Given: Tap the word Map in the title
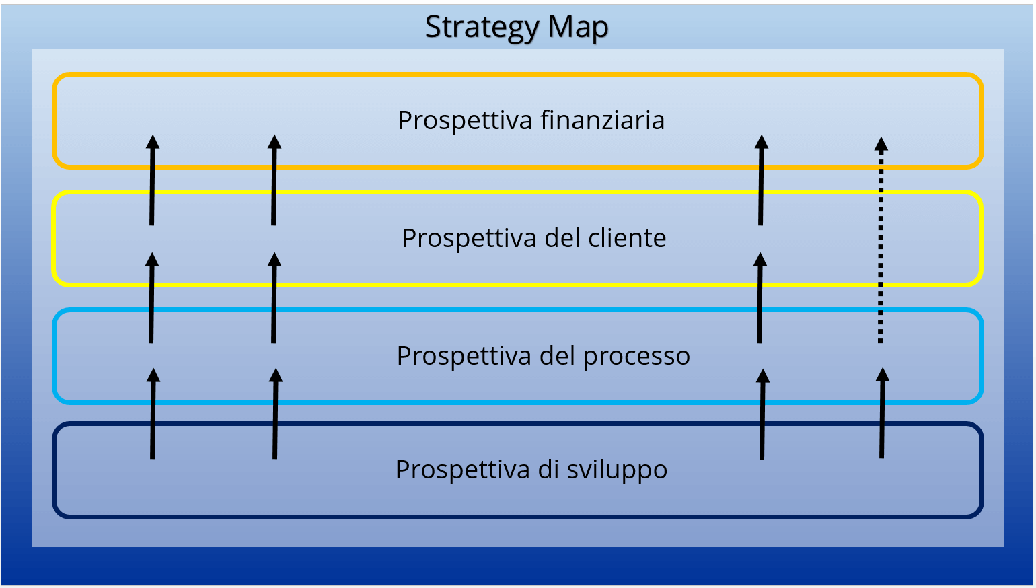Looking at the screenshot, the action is [x=578, y=26].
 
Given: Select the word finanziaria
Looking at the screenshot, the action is [x=602, y=120].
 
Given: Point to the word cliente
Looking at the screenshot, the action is [x=627, y=237].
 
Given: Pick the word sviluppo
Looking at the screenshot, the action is [x=617, y=470].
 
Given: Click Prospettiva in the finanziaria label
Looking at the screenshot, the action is [x=466, y=121].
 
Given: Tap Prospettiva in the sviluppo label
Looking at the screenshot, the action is [x=463, y=470].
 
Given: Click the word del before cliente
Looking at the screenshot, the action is [x=562, y=237].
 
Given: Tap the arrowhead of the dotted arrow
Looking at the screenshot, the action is [x=881, y=145].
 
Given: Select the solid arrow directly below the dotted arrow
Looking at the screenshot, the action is [x=882, y=412].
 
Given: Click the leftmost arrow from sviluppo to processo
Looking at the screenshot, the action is [x=153, y=414].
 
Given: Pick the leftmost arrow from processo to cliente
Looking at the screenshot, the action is [x=152, y=297].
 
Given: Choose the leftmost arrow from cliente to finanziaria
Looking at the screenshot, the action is [x=152, y=180].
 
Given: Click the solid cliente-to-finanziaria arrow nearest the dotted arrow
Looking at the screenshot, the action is [x=761, y=180].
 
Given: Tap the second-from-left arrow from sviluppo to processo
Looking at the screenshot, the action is [x=275, y=414].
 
